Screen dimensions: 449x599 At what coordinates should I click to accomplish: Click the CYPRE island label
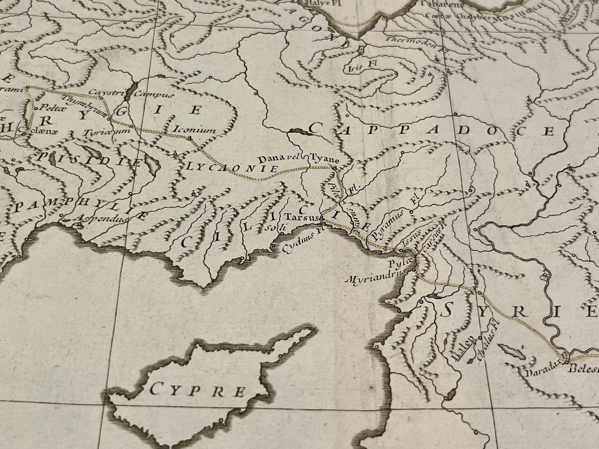[198, 391]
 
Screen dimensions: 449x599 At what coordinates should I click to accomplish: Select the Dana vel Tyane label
[299, 159]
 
